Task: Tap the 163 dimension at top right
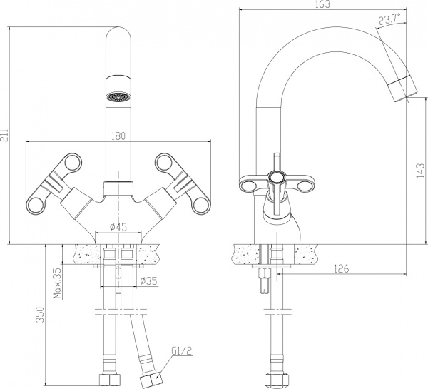[x=322, y=5]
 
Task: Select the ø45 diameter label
[x=118, y=227]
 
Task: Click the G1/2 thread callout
[x=181, y=350]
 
